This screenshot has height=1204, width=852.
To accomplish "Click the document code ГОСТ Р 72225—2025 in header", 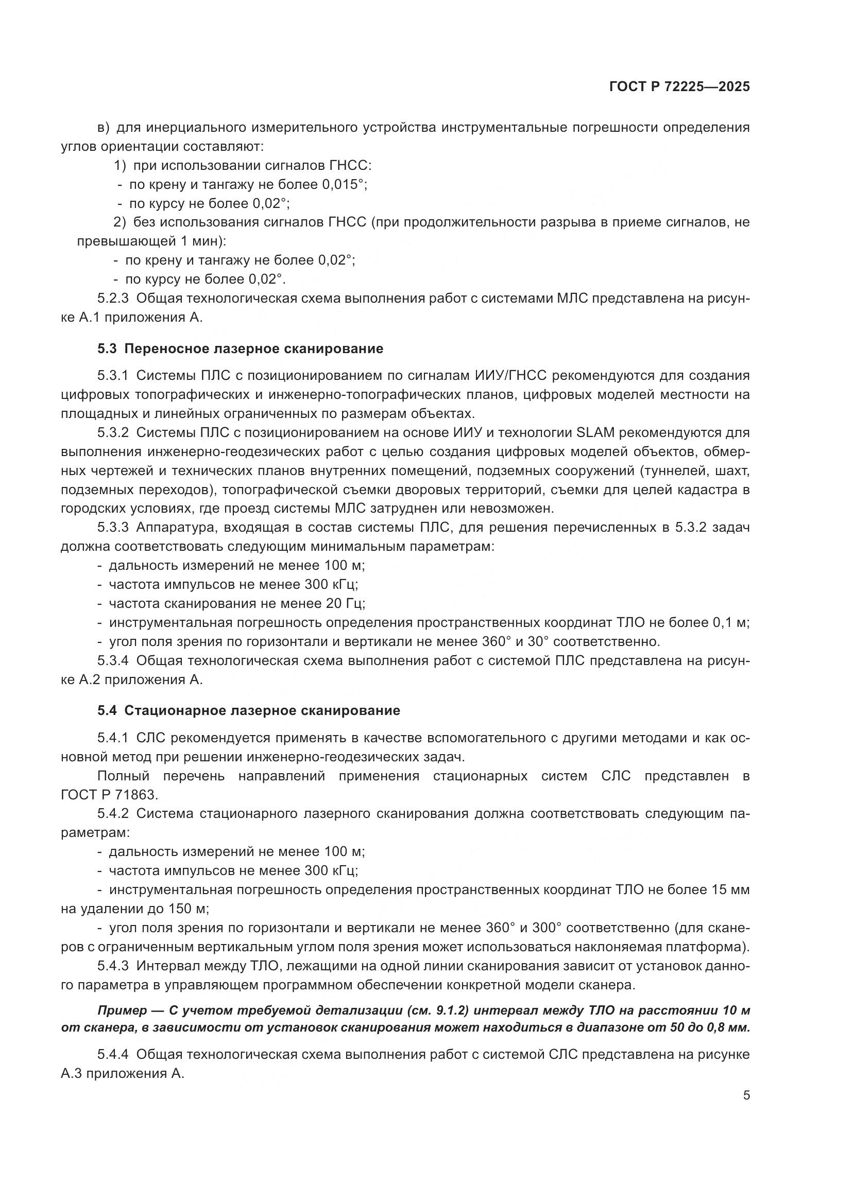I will coord(679,87).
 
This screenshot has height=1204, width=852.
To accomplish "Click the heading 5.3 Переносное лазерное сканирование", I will coord(240,348).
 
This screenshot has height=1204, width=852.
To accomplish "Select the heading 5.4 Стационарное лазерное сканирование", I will coord(249,710).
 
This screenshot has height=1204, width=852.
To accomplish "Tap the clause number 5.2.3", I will coord(113,299).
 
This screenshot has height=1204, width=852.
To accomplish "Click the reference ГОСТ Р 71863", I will coord(109,795).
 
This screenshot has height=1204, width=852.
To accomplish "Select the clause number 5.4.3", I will coord(113,966).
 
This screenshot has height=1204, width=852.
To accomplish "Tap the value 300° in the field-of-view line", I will coord(547,928).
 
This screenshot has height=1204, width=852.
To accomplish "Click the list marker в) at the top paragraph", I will coord(104,128).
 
